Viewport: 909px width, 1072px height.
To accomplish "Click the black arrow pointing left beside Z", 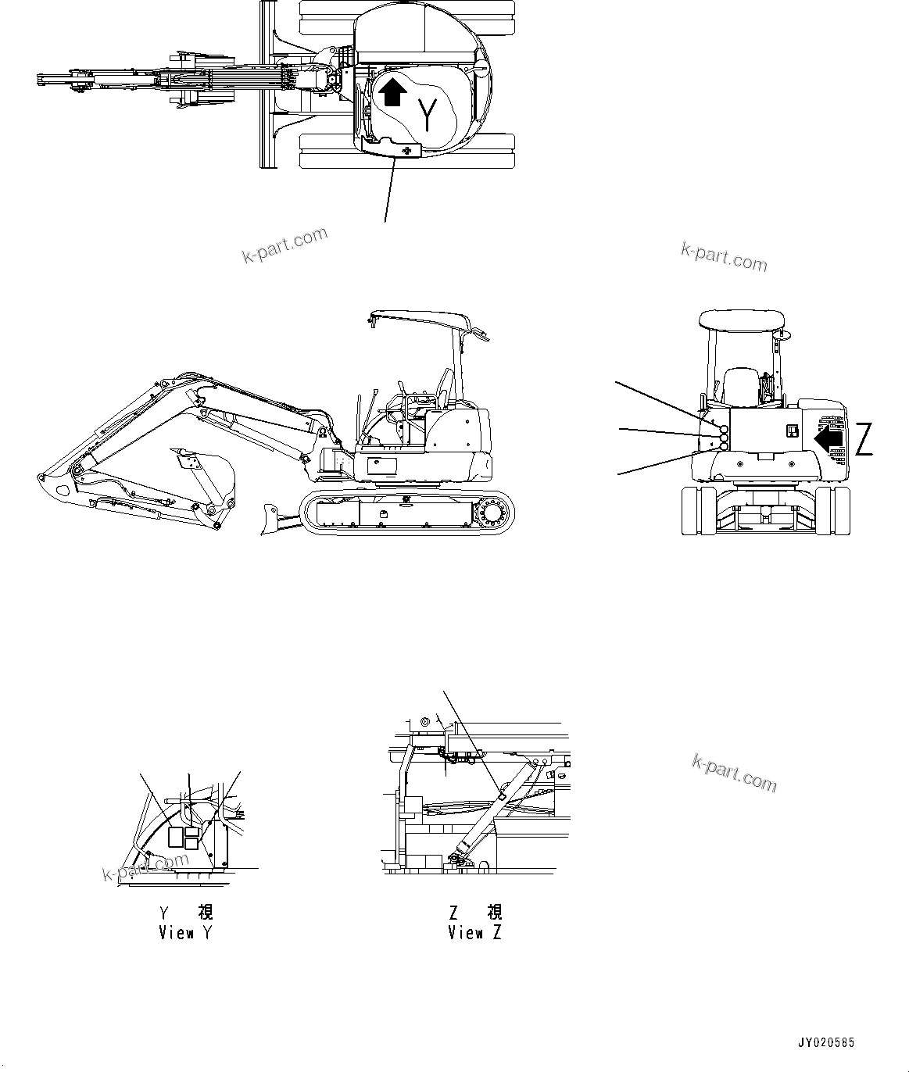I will pos(829,438).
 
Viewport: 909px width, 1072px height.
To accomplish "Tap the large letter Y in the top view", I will pos(428,116).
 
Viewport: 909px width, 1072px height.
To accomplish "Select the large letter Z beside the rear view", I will pos(863,439).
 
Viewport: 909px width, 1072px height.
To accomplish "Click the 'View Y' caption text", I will pos(185,932).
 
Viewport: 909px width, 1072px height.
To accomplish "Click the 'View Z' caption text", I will pos(474,932).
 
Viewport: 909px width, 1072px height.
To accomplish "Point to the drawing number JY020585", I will pos(826,1042).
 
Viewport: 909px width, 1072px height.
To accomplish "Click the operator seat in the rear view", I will pos(739,387).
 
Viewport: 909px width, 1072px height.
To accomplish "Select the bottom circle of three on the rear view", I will pos(723,447).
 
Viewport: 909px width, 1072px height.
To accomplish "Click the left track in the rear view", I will pos(699,511).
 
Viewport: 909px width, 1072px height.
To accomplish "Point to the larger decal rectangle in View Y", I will pos(177,838).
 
